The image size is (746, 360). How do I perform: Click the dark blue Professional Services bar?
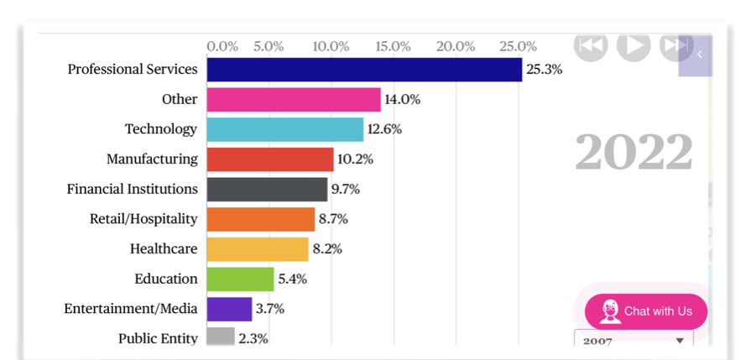[364, 69]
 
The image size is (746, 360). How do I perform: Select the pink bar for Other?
[294, 100]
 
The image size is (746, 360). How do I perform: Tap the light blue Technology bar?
[285, 129]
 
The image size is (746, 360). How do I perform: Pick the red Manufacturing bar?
[270, 159]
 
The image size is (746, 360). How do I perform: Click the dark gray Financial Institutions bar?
[267, 190]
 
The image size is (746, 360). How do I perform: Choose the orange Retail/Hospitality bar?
[261, 219]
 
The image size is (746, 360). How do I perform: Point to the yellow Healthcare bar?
[258, 249]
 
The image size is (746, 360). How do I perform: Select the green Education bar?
[241, 279]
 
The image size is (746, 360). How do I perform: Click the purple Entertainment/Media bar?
[229, 309]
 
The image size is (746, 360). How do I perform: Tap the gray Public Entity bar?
[221, 337]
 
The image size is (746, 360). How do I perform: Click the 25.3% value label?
[544, 70]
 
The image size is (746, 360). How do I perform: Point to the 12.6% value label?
[384, 129]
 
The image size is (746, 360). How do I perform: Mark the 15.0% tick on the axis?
[394, 45]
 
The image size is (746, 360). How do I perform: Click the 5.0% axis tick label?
[268, 45]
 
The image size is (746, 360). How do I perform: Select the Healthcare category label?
[164, 249]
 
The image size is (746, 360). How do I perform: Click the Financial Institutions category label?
[133, 190]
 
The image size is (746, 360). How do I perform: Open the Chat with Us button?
[646, 311]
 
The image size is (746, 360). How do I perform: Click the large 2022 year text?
[634, 153]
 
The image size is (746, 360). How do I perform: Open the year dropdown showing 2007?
[634, 341]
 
